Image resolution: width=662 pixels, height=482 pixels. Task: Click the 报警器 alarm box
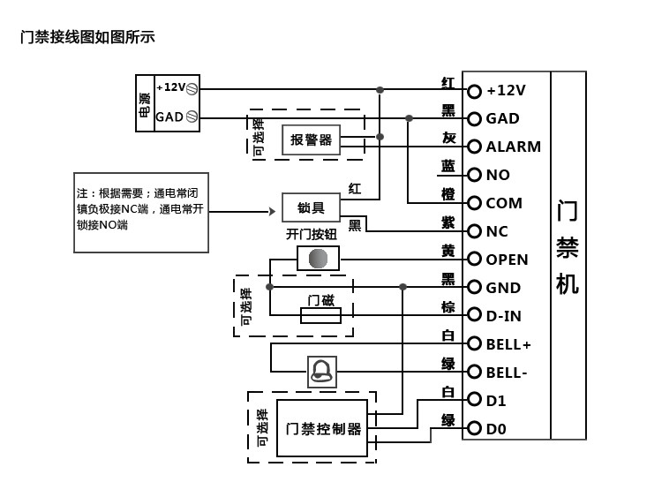pyautogui.click(x=311, y=139)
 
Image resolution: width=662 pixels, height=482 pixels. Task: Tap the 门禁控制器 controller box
pyautogui.click(x=323, y=429)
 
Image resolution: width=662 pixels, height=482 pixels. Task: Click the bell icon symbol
pyautogui.click(x=321, y=371)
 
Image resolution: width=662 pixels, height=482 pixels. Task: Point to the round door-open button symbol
pyautogui.click(x=317, y=259)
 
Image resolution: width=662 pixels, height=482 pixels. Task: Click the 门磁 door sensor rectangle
pyautogui.click(x=320, y=315)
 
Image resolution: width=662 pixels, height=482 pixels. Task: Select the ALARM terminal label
pyautogui.click(x=513, y=147)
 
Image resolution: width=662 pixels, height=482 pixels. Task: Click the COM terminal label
pyautogui.click(x=504, y=203)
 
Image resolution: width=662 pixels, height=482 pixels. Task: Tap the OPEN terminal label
pyautogui.click(x=507, y=260)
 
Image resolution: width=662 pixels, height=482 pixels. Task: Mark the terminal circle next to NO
pyautogui.click(x=474, y=175)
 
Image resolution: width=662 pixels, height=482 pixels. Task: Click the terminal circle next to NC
pyautogui.click(x=474, y=231)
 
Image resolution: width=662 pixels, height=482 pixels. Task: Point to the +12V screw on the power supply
pyautogui.click(x=192, y=88)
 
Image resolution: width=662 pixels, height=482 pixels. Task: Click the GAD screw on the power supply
pyautogui.click(x=192, y=117)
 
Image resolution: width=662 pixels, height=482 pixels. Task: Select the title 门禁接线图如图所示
pyautogui.click(x=87, y=37)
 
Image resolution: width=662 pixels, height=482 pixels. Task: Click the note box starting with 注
pyautogui.click(x=141, y=212)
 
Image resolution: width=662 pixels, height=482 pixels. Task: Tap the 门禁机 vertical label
pyautogui.click(x=568, y=248)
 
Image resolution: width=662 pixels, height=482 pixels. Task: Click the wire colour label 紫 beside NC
pyautogui.click(x=448, y=223)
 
